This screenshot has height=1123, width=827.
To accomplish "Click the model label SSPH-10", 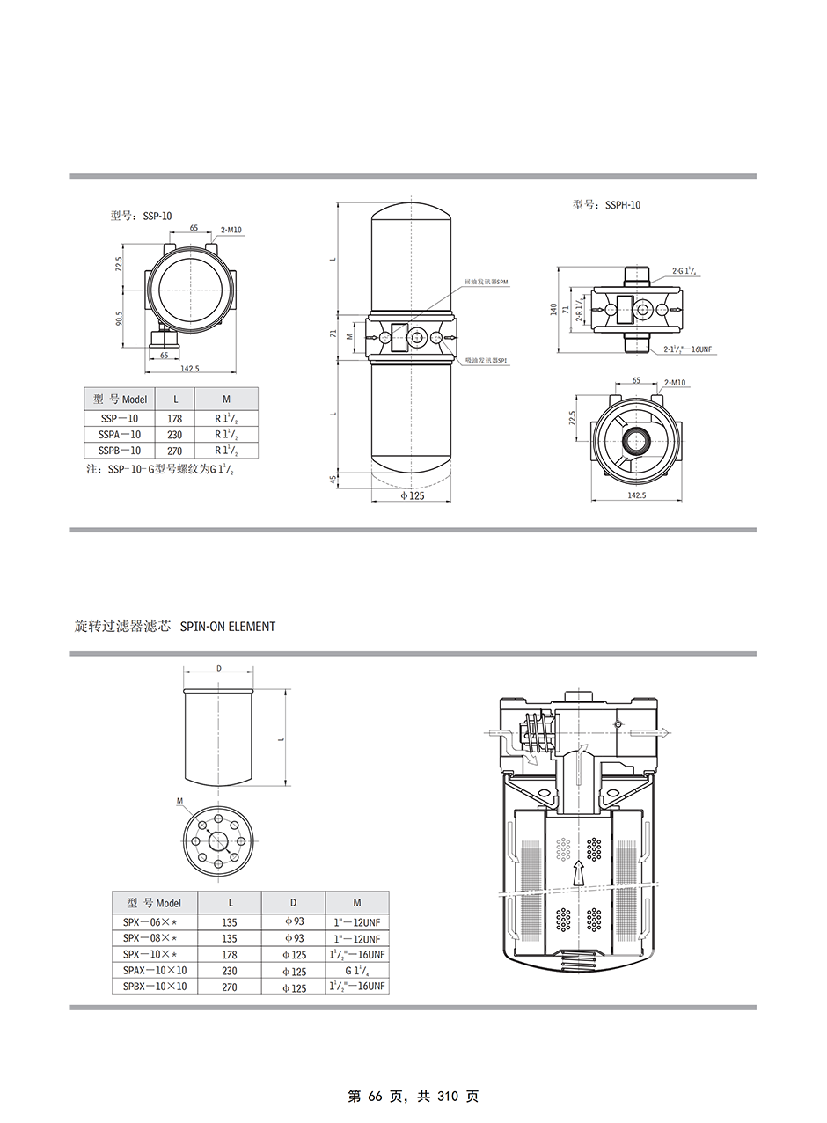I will pos(607,205).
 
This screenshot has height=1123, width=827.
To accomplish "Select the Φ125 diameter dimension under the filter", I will pos(413,496).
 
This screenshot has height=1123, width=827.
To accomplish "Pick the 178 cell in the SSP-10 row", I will pos(174,419).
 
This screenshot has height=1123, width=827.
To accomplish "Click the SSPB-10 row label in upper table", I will pos(121,451).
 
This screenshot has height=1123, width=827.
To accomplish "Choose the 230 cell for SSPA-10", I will pos(174,435).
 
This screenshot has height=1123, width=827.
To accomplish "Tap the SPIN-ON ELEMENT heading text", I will pos(227,627).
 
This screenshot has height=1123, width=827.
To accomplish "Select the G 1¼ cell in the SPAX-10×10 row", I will pos(356,971).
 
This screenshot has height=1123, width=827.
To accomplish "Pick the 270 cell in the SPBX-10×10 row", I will pos(230,987).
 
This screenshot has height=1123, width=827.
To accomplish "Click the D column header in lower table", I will pos(293,902).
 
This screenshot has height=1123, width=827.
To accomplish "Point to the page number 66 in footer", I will pos(374,1097).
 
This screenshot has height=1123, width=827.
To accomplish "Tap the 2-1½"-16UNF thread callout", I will pos(687,349).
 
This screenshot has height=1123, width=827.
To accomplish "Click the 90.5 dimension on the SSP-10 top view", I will pos(120,317).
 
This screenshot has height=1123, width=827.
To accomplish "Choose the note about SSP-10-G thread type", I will pos(160,470).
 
